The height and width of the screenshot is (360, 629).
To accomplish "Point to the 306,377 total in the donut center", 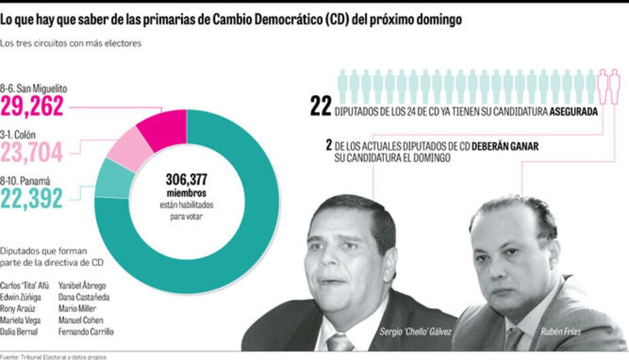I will click(x=187, y=179).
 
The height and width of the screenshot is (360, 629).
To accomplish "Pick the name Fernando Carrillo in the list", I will click(x=86, y=331).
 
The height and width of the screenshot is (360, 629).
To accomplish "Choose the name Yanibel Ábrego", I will click(x=83, y=286).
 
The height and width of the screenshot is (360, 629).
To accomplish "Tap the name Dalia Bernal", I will click(x=20, y=331).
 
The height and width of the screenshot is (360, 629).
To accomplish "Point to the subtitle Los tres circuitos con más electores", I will click(x=72, y=44).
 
